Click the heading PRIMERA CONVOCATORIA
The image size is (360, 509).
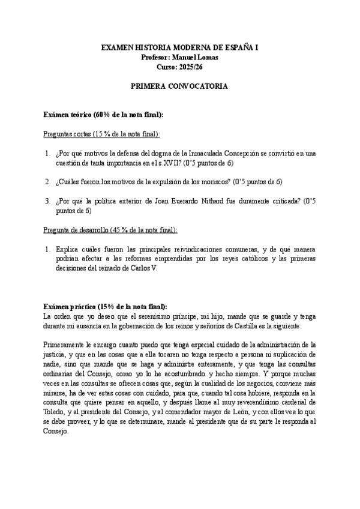pos(179,86)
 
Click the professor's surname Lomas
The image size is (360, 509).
pos(206,56)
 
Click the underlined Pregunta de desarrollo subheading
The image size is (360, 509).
pos(72,230)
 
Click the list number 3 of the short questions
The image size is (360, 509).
pos(47,201)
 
